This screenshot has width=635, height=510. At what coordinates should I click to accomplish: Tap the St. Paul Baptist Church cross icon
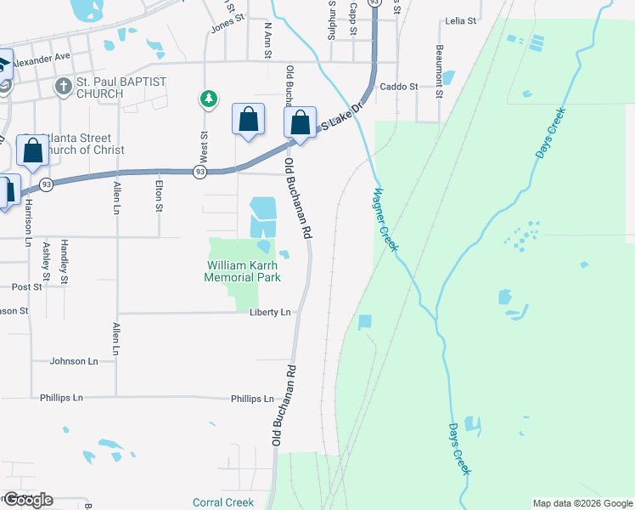[63, 86]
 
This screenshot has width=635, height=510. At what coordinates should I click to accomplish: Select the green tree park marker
[208, 99]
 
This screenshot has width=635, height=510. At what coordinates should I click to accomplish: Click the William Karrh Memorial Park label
[243, 270]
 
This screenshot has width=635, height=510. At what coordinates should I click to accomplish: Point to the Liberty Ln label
[270, 313]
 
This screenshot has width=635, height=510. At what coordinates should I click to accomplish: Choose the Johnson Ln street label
[74, 361]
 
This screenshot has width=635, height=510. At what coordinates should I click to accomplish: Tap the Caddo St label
[399, 87]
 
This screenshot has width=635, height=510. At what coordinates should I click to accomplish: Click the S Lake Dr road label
[341, 119]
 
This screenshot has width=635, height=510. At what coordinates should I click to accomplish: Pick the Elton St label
[159, 194]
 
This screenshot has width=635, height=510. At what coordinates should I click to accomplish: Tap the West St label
[204, 147]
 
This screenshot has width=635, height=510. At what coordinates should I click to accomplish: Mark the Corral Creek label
[222, 502]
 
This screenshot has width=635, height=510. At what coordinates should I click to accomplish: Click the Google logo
[27, 500]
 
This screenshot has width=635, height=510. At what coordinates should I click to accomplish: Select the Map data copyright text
[582, 503]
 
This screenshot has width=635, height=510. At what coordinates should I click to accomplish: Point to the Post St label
[26, 287]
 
